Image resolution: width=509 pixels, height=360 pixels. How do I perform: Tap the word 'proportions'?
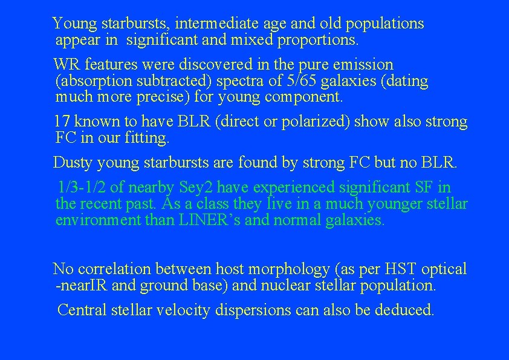321,41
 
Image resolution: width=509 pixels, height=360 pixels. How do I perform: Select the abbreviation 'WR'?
65,65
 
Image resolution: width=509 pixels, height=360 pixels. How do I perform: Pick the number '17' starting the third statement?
62,122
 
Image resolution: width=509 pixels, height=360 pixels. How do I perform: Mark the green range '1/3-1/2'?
82,188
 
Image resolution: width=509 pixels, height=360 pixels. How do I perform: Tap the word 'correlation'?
114,269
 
